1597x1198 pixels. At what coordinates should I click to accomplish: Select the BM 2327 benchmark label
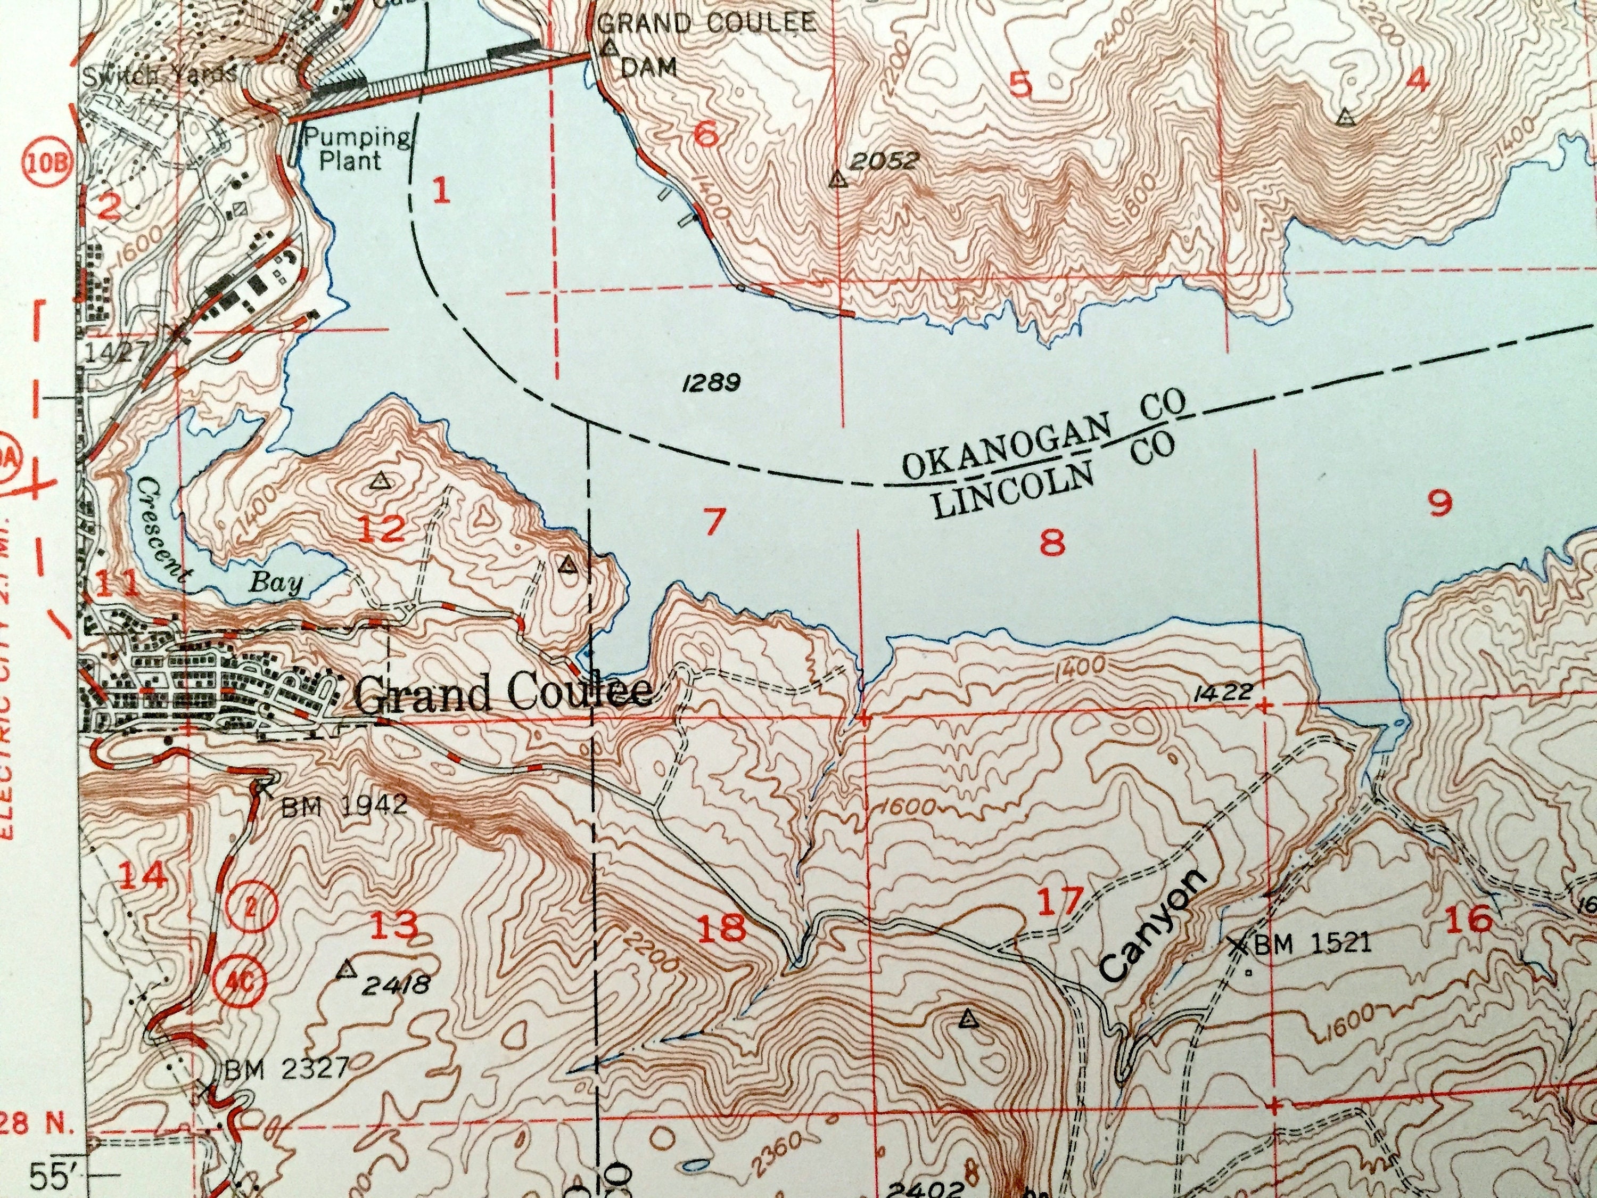286,1066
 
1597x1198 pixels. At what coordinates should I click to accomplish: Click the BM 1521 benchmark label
1311,943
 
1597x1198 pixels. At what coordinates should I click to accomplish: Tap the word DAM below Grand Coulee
648,67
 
